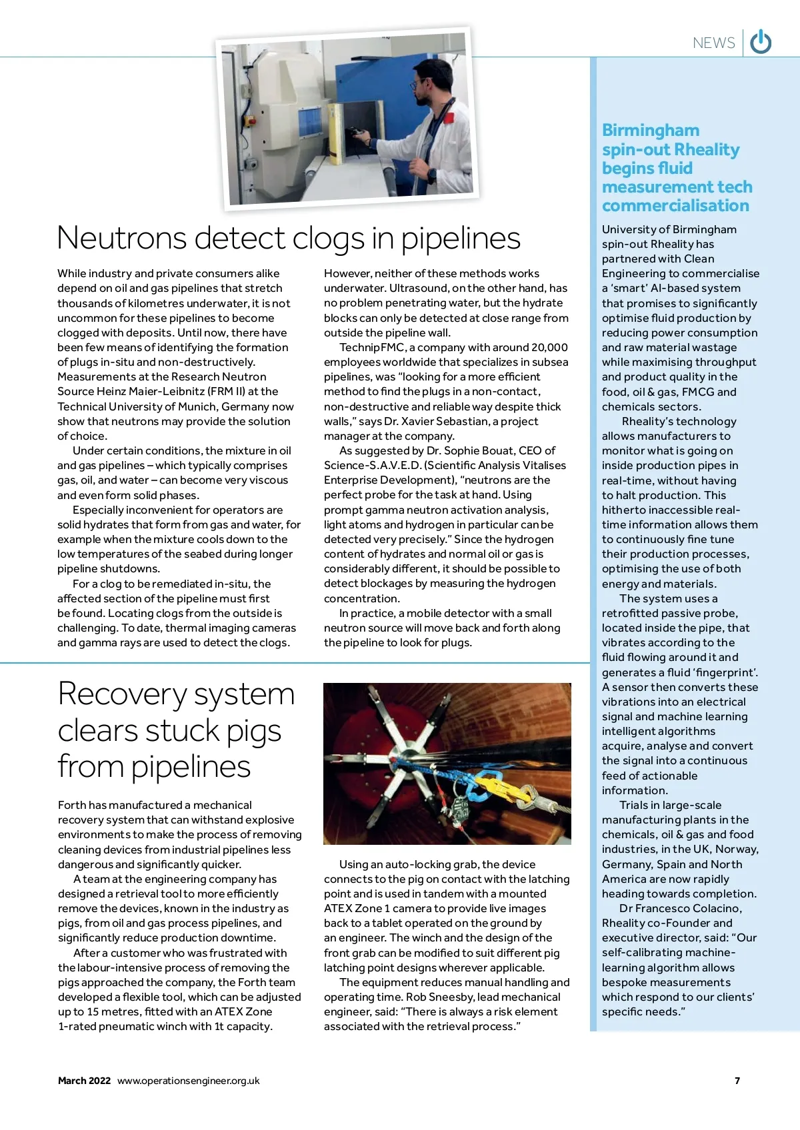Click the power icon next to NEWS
[761, 42]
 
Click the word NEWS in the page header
[713, 43]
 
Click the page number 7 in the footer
[737, 1081]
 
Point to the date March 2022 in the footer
[84, 1081]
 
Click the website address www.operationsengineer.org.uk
[189, 1081]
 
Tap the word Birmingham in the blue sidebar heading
[651, 131]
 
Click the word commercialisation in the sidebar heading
[675, 206]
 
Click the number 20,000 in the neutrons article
[549, 348]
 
